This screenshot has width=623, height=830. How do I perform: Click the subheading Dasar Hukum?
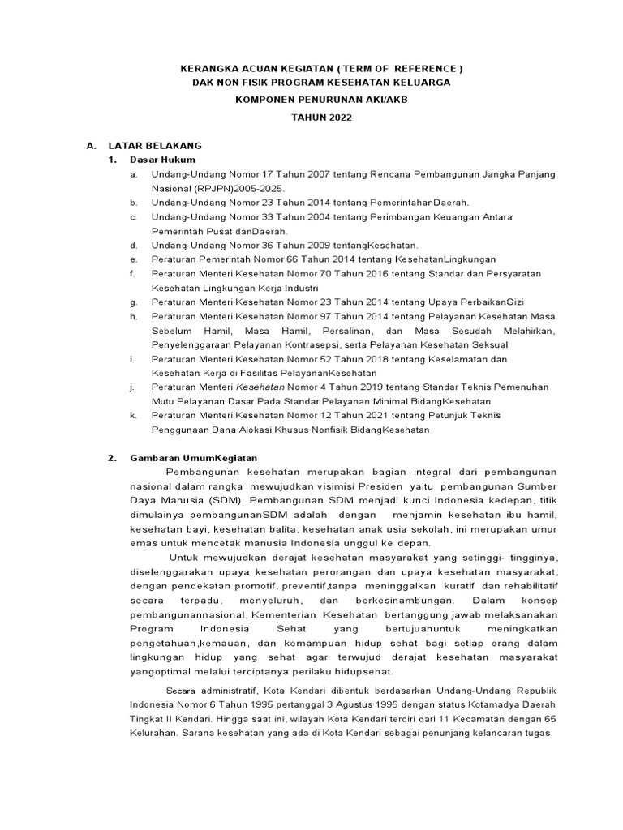[162, 160]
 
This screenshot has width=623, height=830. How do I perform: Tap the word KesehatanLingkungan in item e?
[444, 259]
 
